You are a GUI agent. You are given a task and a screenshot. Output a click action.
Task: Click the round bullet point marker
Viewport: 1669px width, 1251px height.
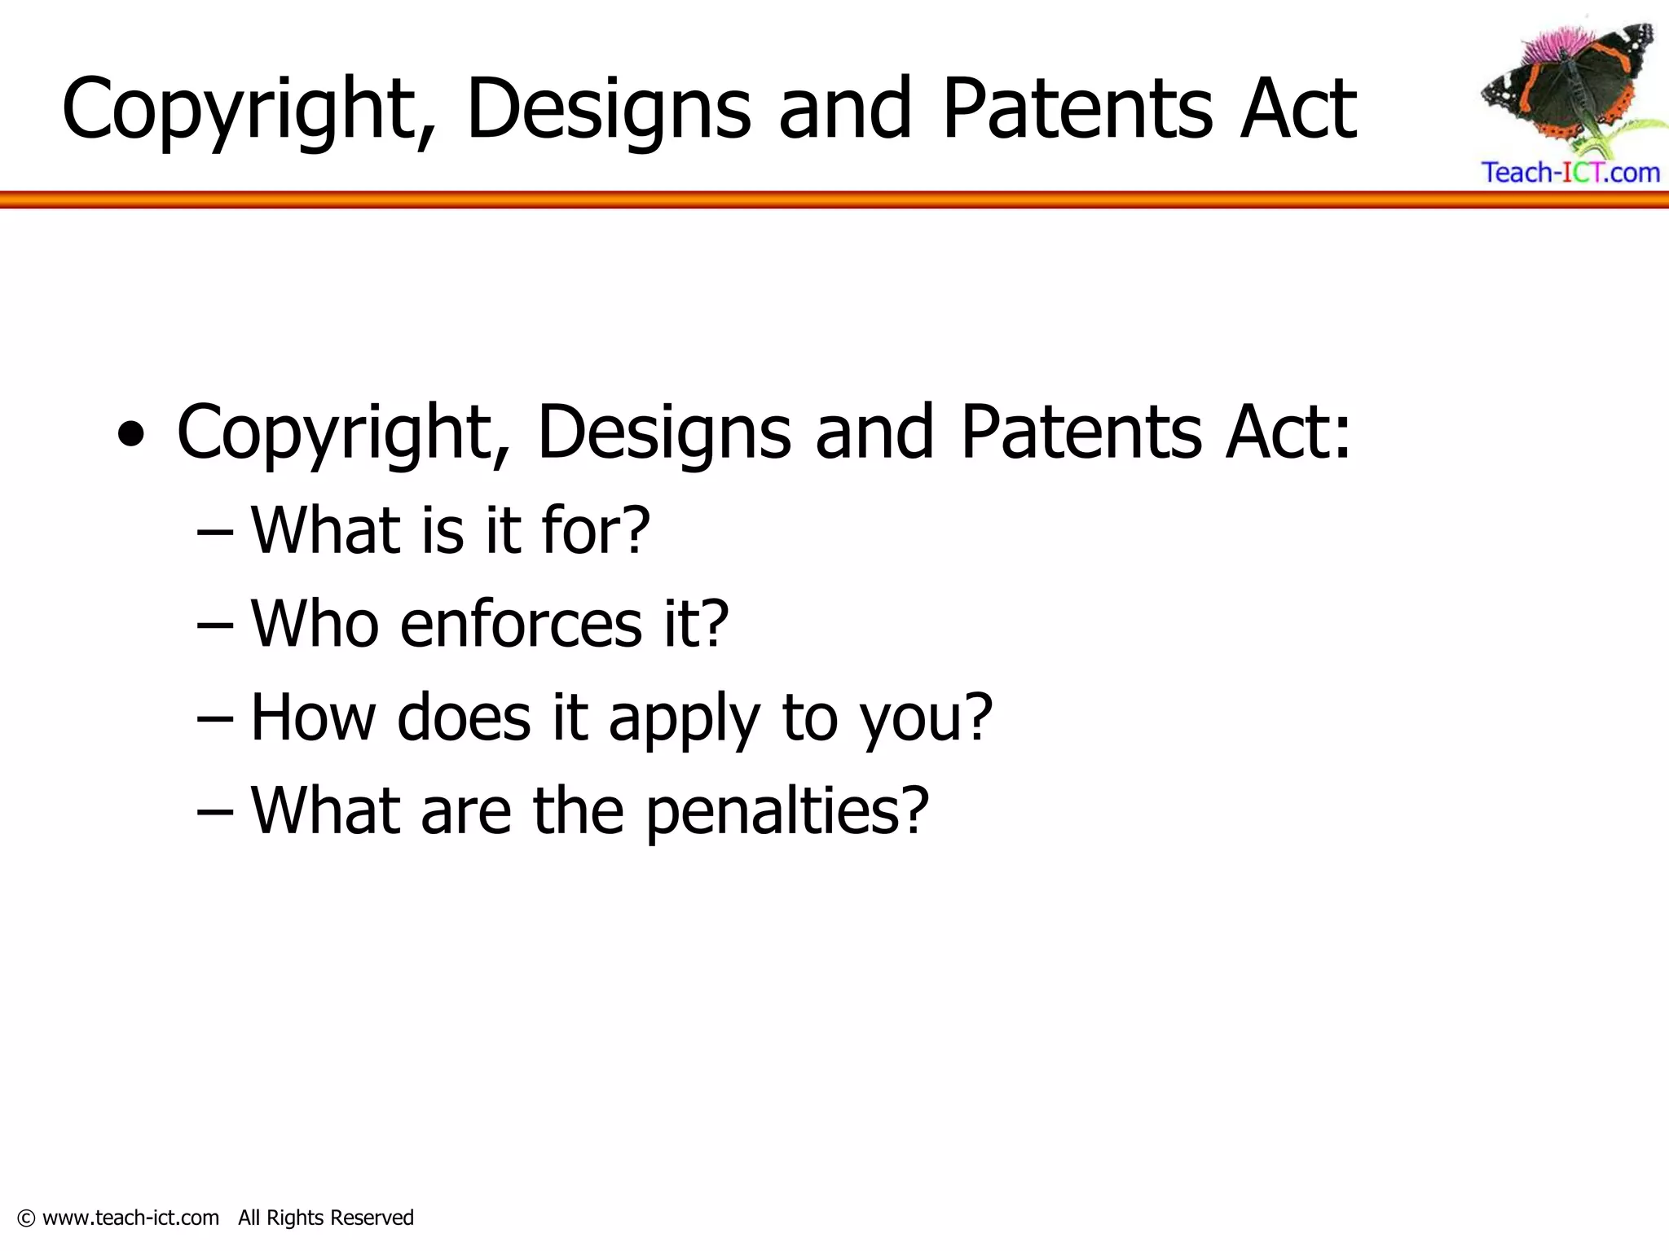[131, 435]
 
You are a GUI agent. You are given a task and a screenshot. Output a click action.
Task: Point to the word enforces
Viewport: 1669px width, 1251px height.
[521, 624]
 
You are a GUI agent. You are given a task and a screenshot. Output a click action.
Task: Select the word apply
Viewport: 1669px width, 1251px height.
[684, 719]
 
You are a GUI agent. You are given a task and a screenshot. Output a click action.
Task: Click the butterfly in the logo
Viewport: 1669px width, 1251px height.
[1569, 90]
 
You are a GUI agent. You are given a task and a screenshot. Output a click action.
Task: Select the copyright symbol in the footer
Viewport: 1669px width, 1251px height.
[26, 1218]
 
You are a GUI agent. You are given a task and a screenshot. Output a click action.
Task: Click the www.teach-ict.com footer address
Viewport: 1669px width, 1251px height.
[130, 1218]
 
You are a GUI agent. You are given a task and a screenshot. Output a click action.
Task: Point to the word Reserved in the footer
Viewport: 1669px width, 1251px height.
[372, 1218]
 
